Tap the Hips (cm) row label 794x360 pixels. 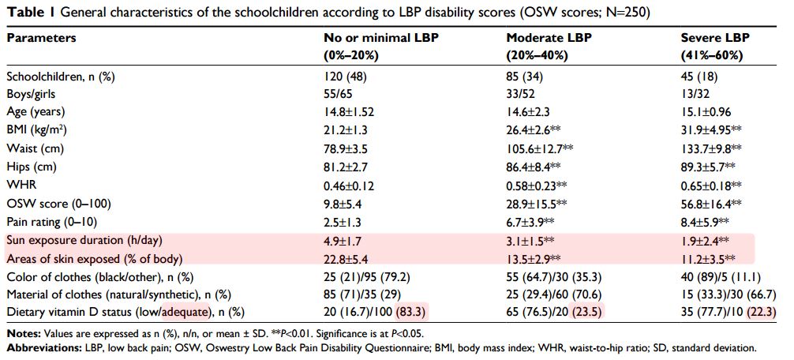coord(28,167)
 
